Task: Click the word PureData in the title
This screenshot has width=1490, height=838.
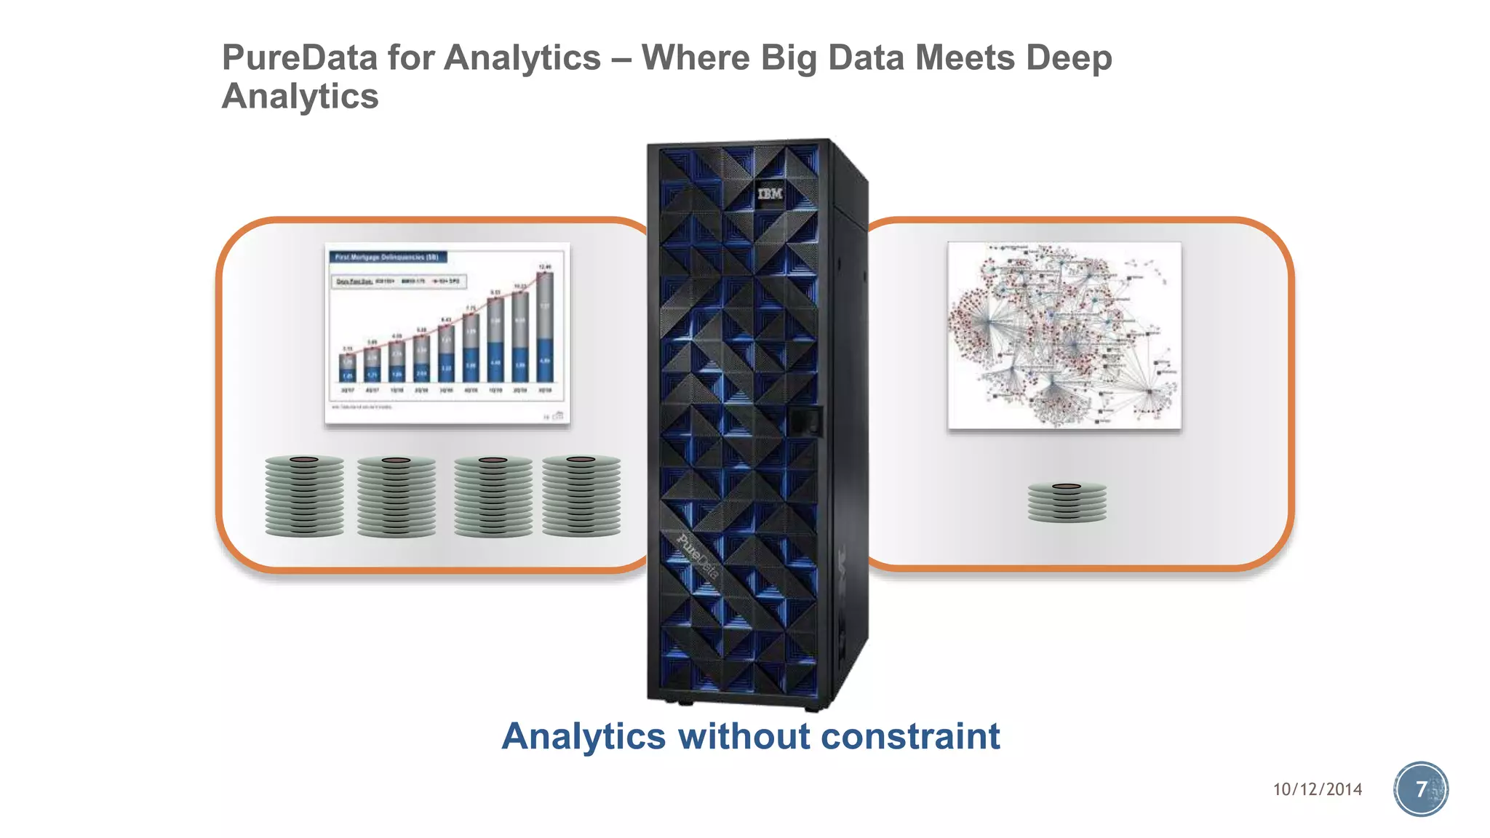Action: point(299,58)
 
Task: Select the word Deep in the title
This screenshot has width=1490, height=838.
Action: point(1069,58)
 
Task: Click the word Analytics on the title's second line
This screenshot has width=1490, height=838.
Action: point(300,96)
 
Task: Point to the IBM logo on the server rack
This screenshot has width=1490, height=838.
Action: point(770,193)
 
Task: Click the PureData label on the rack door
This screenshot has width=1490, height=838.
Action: point(698,557)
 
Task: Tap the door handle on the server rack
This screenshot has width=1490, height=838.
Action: point(805,422)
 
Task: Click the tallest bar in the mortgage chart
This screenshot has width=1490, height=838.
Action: point(545,327)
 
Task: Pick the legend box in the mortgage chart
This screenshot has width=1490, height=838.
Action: point(399,281)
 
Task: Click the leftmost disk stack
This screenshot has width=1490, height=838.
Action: point(304,496)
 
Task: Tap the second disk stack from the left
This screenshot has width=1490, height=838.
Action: point(397,497)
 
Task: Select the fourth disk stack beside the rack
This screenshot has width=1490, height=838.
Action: point(581,496)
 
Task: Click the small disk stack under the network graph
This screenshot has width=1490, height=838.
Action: point(1067,502)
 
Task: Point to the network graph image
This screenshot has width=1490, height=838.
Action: point(1064,335)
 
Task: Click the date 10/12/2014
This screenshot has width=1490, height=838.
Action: point(1317,789)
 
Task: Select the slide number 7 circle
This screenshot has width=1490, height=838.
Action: point(1421,789)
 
